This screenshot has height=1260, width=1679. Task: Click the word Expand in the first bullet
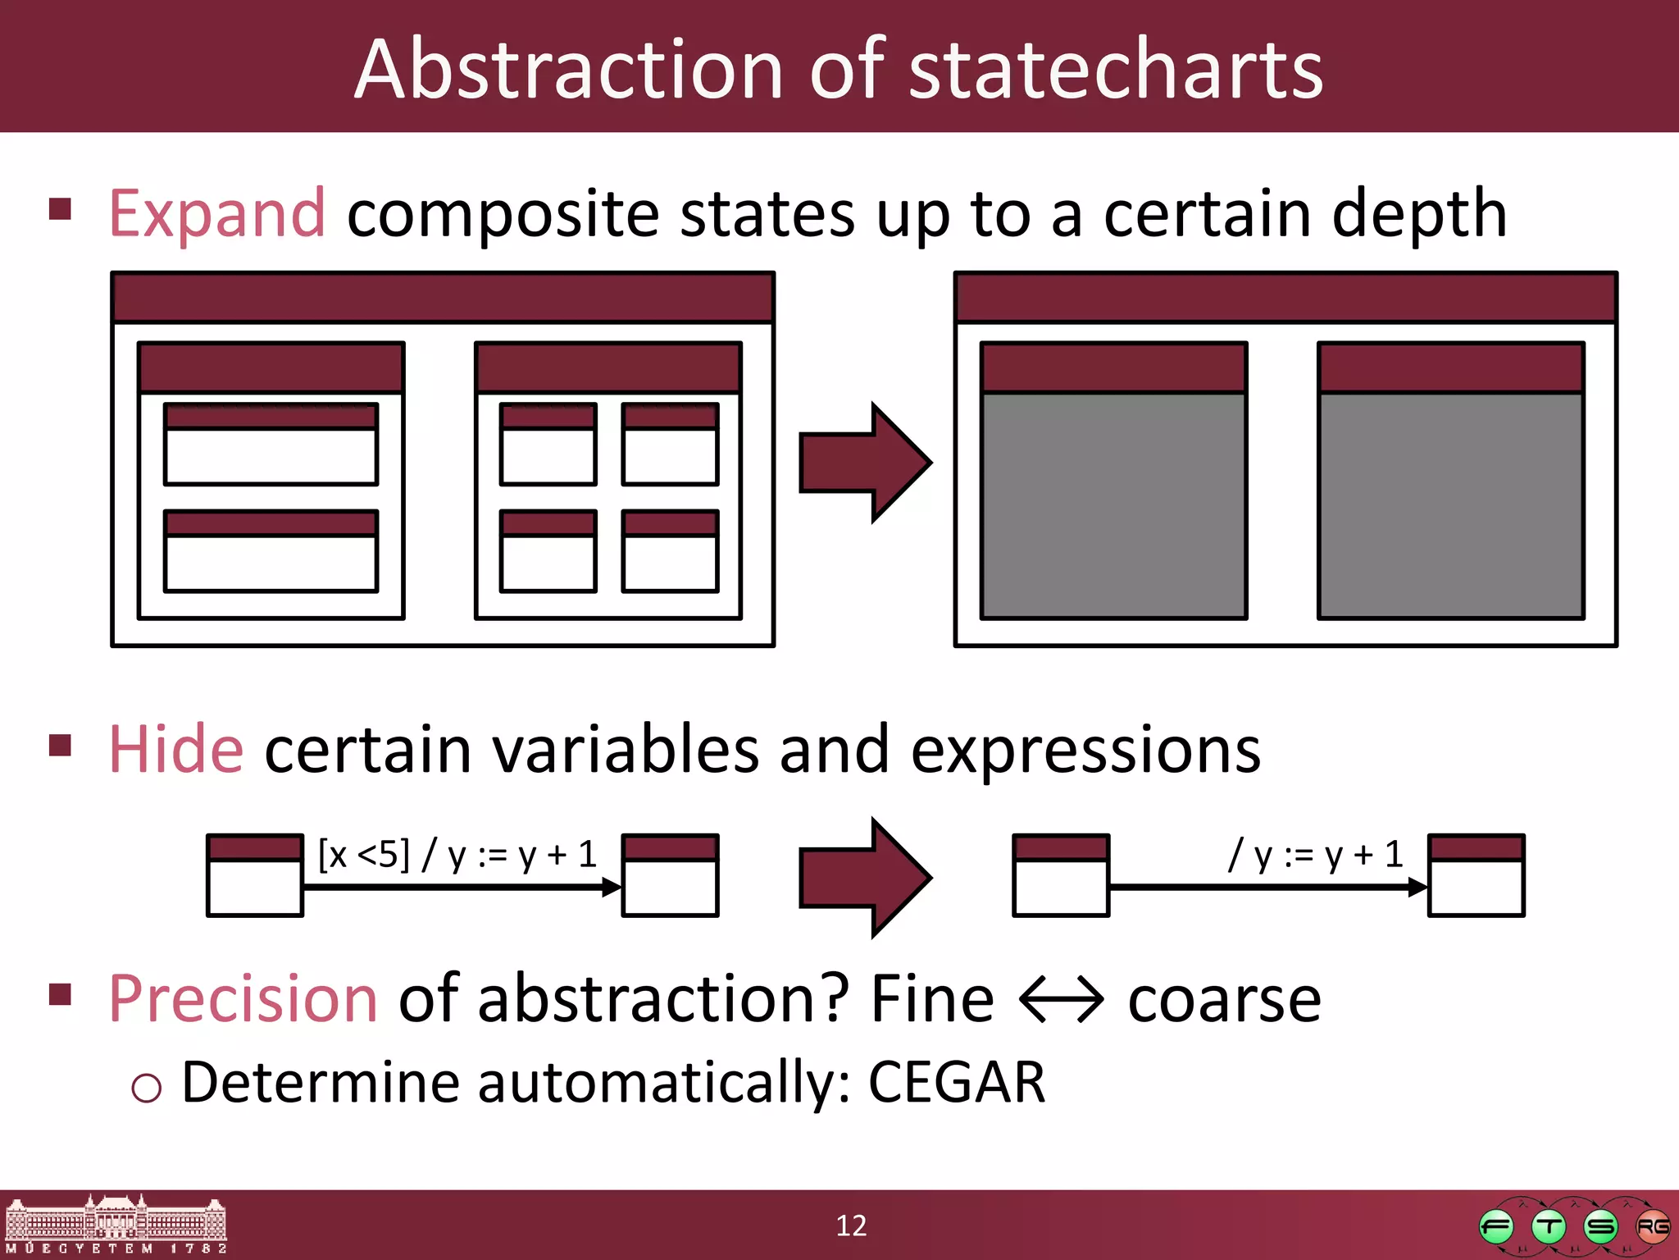217,215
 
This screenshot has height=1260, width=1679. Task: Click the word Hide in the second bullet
176,750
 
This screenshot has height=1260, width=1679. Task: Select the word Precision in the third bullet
243,999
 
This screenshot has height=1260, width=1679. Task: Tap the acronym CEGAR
956,1083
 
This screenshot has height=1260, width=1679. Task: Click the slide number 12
851,1226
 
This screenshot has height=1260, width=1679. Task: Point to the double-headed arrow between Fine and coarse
1062,1000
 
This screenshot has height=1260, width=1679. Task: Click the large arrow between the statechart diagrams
864,463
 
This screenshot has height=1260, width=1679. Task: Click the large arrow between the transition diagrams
864,878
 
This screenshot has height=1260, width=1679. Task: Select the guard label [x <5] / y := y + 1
457,856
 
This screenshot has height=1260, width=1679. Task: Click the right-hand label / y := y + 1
1315,856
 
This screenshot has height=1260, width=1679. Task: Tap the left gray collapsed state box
1113,504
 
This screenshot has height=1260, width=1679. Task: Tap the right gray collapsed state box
1450,504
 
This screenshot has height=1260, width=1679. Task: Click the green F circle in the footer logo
1496,1227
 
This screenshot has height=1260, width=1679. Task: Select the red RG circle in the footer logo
1652,1227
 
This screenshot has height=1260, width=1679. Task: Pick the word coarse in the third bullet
1224,1000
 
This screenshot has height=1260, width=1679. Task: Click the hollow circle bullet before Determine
147,1088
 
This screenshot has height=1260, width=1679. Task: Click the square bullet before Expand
61,209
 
